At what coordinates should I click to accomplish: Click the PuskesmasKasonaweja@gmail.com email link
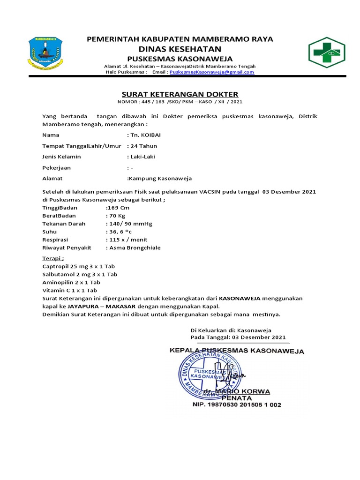click(x=212, y=72)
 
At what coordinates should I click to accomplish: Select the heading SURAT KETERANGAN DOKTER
click(x=180, y=94)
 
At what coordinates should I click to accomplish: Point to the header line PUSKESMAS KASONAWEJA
click(x=180, y=59)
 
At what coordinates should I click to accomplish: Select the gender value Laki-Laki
click(x=142, y=157)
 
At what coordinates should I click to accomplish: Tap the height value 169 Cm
click(x=117, y=208)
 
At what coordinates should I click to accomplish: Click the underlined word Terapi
click(x=53, y=258)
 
